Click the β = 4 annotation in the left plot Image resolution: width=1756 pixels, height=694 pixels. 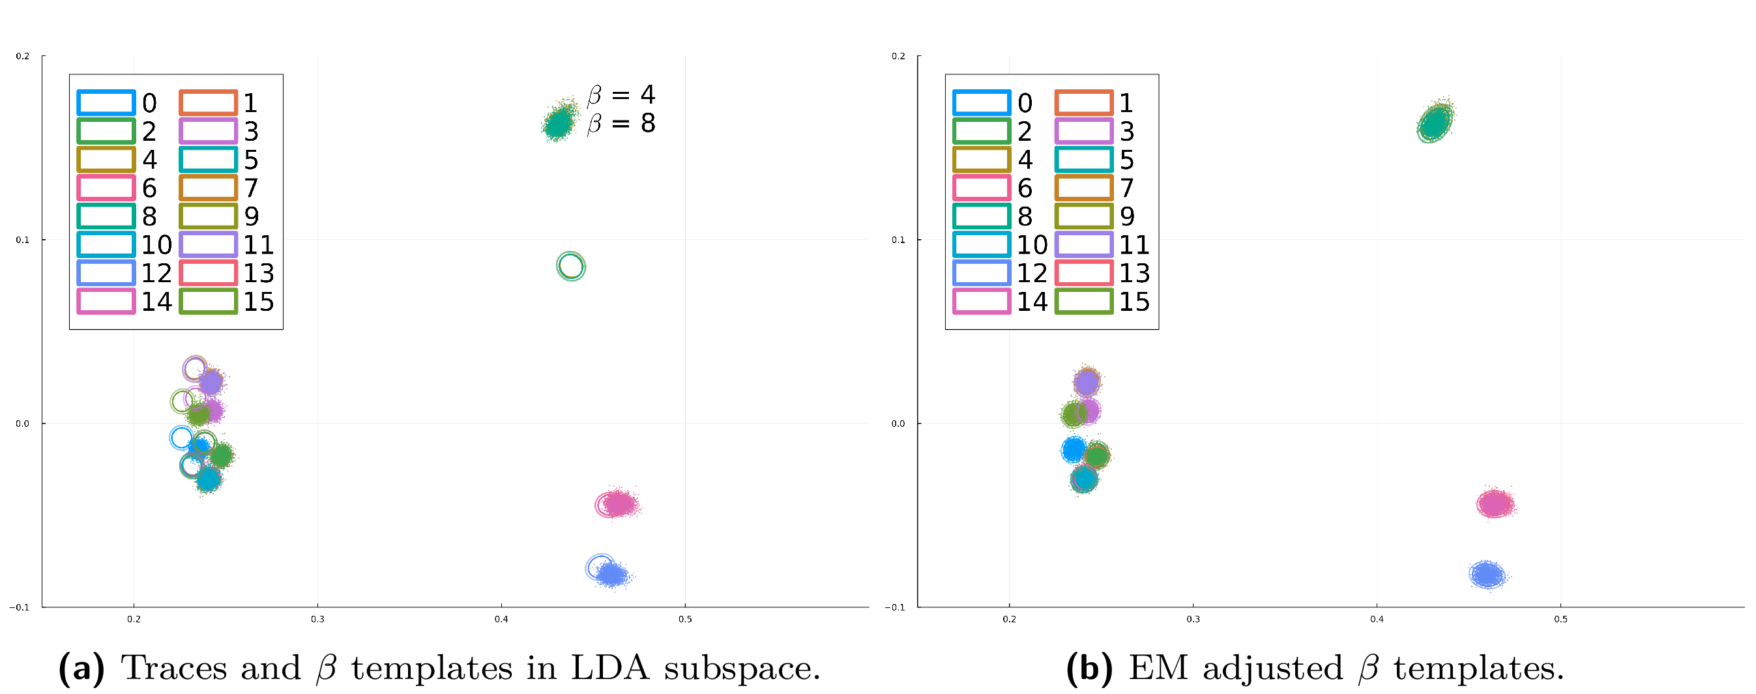(621, 94)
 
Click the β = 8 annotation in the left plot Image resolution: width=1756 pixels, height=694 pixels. (621, 123)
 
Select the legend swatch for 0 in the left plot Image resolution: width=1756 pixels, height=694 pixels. (106, 103)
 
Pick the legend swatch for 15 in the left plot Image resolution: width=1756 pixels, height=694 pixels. (208, 301)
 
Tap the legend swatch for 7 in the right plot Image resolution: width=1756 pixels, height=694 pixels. (1084, 188)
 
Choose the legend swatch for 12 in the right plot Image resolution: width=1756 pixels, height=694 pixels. (982, 272)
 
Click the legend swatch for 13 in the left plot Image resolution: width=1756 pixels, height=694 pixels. (208, 272)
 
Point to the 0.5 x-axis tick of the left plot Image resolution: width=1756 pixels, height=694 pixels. (684, 619)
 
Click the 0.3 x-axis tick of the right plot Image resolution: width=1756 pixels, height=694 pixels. (1193, 619)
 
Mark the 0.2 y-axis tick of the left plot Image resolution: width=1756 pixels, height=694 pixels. (23, 56)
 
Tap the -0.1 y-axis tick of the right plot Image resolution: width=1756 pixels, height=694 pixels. (897, 607)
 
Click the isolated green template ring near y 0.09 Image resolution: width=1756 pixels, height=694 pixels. (570, 266)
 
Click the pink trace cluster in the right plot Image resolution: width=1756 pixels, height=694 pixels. (1495, 504)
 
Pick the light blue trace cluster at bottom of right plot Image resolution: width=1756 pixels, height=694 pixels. (1487, 574)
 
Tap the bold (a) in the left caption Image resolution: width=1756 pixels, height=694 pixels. (81, 668)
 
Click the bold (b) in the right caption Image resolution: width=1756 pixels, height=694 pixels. (1089, 668)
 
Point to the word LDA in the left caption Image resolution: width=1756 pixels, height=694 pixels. (609, 668)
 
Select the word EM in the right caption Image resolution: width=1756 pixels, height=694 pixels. (1159, 668)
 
